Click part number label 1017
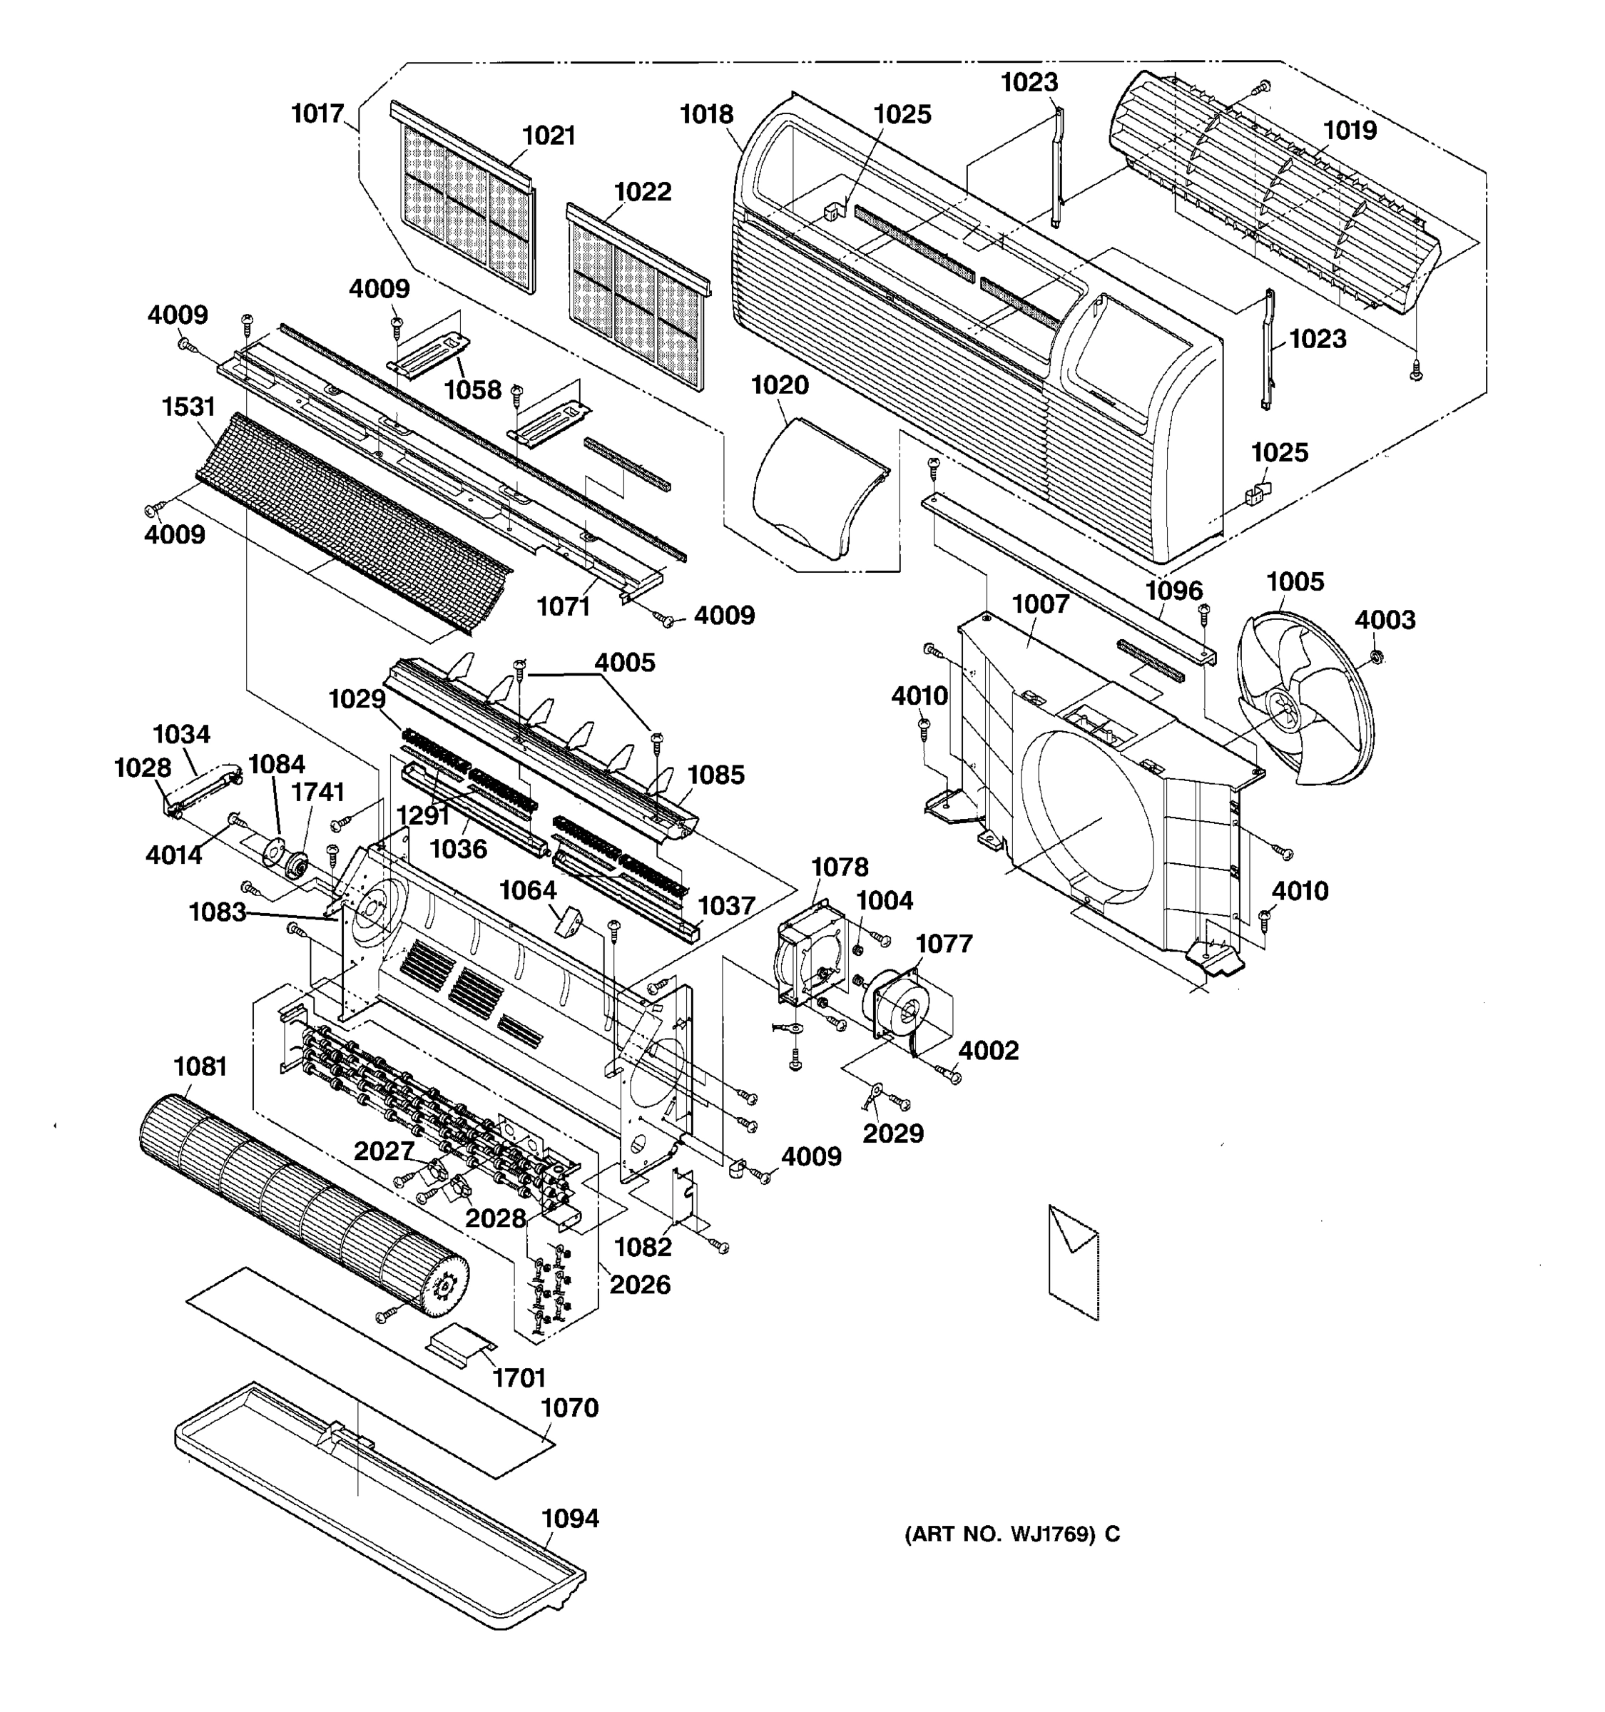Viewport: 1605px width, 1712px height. click(x=317, y=113)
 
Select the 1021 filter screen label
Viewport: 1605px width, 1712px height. click(x=549, y=136)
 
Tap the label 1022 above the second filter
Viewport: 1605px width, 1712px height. click(x=642, y=191)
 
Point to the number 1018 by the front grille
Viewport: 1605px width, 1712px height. click(x=706, y=115)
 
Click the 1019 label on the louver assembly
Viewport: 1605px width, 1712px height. click(x=1349, y=131)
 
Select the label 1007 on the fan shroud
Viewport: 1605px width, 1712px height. click(x=1040, y=604)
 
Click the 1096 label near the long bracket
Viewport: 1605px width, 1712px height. click(x=1173, y=591)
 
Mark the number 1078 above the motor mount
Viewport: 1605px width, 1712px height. click(x=840, y=867)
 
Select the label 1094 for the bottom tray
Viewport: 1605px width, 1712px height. click(x=570, y=1518)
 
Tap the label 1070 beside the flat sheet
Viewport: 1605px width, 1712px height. click(x=569, y=1408)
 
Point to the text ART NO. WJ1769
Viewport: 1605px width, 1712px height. click(x=1012, y=1534)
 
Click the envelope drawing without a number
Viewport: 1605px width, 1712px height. click(x=1074, y=1262)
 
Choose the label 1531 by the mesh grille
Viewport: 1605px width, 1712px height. click(x=188, y=407)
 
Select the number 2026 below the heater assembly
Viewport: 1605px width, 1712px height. click(x=639, y=1285)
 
